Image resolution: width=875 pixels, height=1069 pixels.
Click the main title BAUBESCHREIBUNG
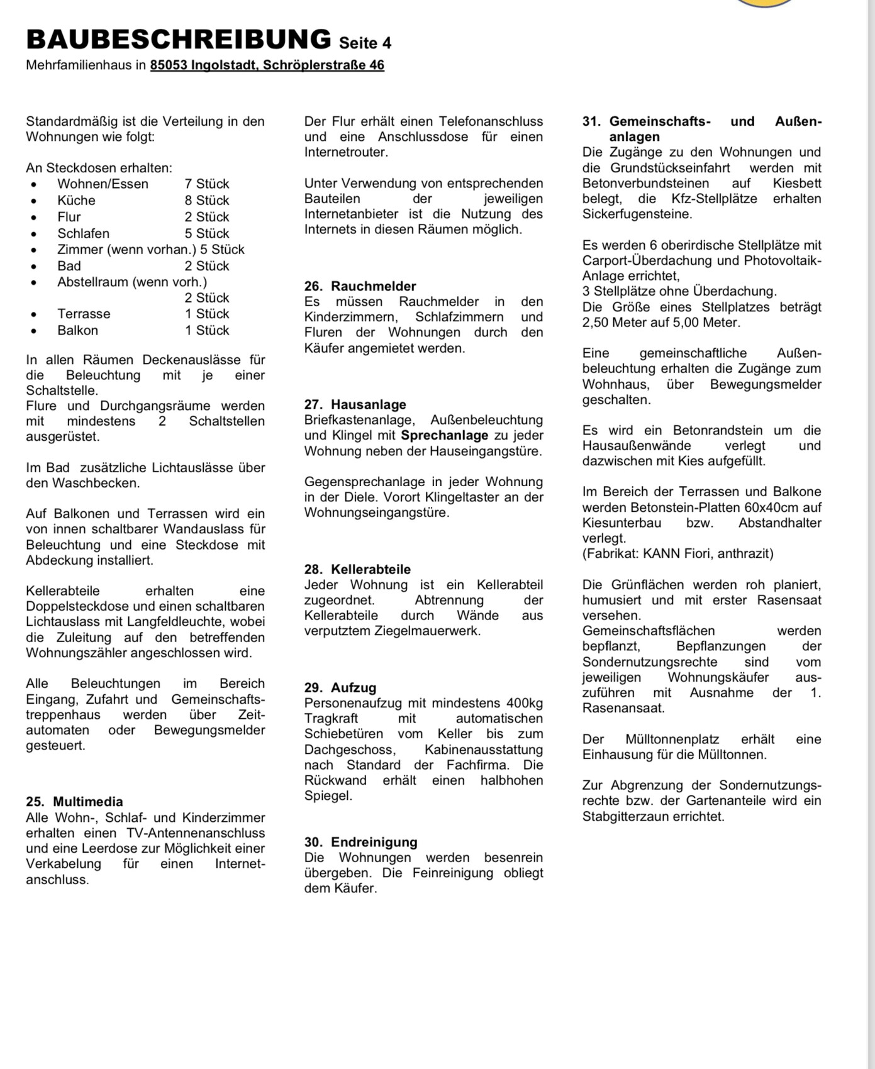click(x=178, y=39)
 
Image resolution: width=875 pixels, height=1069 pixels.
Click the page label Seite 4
click(x=365, y=43)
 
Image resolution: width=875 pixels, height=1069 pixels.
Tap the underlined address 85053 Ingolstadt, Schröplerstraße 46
click(x=267, y=65)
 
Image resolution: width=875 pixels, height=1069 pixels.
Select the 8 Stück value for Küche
click(x=206, y=200)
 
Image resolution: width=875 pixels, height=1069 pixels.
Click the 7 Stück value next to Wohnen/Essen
click(x=206, y=184)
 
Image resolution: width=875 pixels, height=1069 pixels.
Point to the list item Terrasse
click(x=84, y=314)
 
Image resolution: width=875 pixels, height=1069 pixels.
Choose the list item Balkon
click(x=77, y=330)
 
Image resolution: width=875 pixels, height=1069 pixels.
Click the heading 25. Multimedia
click(x=74, y=802)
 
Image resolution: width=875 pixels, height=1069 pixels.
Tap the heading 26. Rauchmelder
click(x=360, y=286)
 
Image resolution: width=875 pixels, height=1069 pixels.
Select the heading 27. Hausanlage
click(x=355, y=404)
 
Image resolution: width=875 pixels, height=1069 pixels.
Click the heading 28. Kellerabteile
click(x=357, y=569)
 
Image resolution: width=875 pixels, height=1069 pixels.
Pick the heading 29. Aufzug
click(x=340, y=687)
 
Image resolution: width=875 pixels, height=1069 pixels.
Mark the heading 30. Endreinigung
click(x=360, y=842)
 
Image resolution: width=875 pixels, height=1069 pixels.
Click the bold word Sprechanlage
click(x=444, y=435)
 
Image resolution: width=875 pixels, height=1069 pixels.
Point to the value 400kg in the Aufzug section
click(x=524, y=703)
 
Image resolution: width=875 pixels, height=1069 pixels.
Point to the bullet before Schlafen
click(x=34, y=234)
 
